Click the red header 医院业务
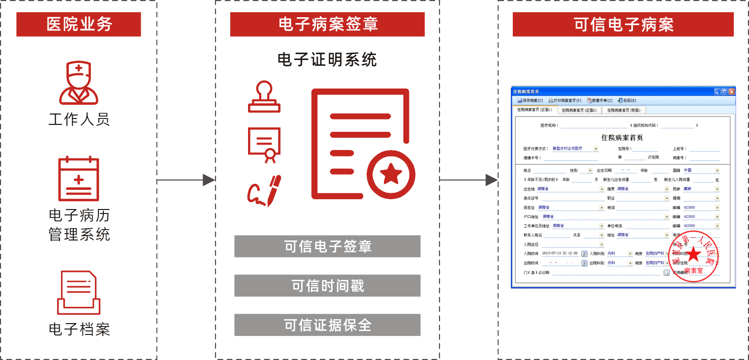click(79, 25)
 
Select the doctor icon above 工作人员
click(79, 83)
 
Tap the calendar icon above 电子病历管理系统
click(79, 179)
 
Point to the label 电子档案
click(79, 329)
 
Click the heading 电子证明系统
click(327, 60)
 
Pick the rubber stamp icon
click(264, 97)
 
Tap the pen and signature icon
click(264, 190)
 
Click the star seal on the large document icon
click(391, 174)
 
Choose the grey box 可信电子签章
click(327, 246)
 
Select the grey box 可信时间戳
click(327, 286)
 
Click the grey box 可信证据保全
click(327, 325)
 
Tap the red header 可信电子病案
click(623, 25)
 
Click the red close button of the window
click(732, 91)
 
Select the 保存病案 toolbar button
click(530, 100)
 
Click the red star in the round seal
click(694, 254)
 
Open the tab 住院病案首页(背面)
click(624, 111)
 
